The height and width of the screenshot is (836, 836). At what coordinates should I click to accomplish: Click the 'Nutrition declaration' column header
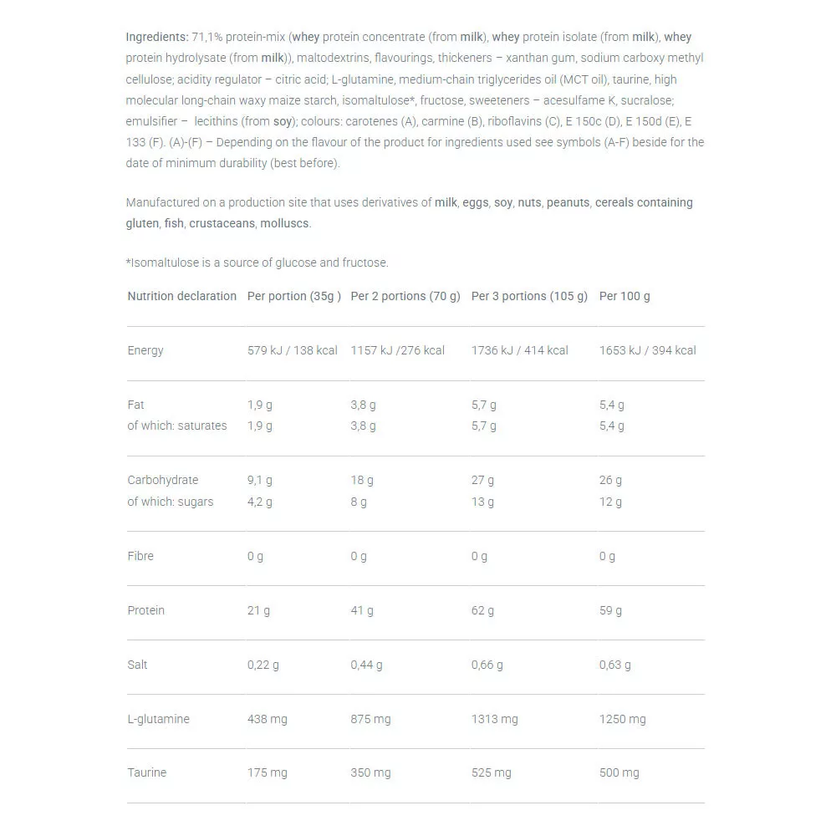point(181,296)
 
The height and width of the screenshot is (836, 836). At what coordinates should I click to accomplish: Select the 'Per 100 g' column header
point(624,296)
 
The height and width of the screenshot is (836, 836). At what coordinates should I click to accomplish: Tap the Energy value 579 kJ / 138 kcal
point(293,350)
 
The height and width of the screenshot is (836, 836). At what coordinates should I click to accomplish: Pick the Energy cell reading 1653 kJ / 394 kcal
point(648,350)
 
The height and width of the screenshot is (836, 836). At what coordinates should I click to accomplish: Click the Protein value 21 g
point(258,610)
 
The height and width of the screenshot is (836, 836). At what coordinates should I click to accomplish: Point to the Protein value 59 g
point(610,610)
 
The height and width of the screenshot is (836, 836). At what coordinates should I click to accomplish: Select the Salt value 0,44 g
point(366,665)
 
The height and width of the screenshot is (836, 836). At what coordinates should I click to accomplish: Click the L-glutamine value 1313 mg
point(494,719)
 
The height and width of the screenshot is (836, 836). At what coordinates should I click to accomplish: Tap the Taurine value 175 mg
point(267,772)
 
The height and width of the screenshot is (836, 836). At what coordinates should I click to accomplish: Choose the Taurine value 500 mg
point(619,772)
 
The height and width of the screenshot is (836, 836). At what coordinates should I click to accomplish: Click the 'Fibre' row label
point(140,556)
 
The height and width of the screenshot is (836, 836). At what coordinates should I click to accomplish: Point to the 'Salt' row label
point(137,665)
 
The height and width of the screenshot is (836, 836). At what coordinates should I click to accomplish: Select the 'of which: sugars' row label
point(170,502)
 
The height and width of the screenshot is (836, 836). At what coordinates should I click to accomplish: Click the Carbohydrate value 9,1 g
point(259,480)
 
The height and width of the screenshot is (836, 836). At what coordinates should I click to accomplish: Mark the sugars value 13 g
point(482,502)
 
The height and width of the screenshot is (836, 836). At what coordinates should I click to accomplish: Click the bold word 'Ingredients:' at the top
point(157,37)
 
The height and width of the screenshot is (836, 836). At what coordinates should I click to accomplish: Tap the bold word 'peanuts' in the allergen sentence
point(568,202)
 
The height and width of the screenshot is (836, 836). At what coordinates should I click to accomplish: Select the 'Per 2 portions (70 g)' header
point(405,296)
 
